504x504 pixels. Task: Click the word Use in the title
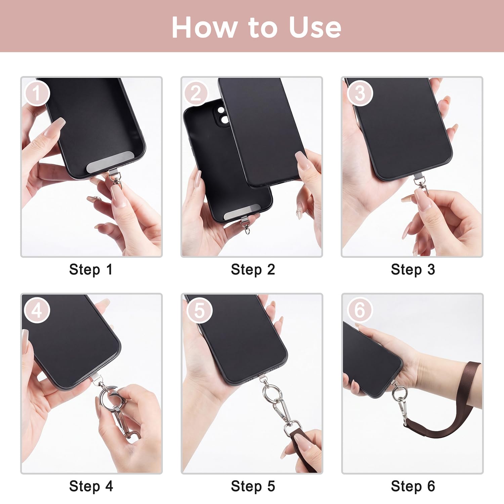coord(315,27)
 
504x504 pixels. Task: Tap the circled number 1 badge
coord(37,93)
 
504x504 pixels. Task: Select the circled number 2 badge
coord(197,93)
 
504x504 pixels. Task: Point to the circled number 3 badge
coord(360,93)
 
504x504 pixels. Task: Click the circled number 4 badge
coord(37,310)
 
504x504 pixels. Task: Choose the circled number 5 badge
coord(199,310)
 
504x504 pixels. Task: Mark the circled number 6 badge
coord(360,310)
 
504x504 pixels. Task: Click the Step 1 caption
coord(91,269)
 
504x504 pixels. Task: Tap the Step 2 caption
coord(253,269)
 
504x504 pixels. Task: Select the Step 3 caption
coord(413,269)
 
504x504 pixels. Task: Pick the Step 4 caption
coord(91,486)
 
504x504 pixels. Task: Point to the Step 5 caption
coord(253,486)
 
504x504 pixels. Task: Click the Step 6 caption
coord(413,486)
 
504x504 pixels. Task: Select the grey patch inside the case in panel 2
coord(242,212)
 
